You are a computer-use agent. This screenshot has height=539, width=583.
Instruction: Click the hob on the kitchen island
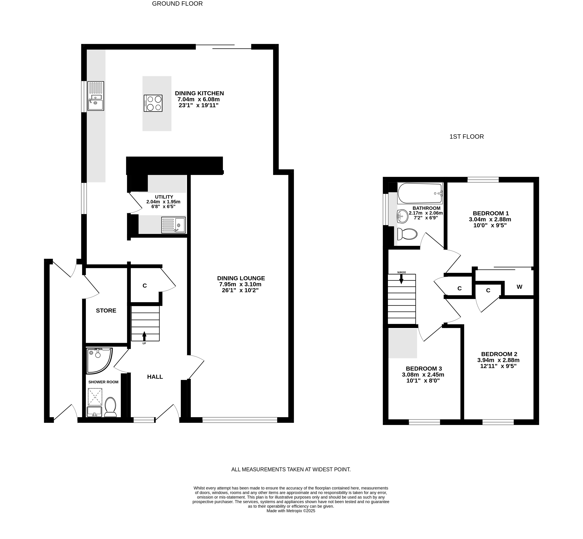coord(153,103)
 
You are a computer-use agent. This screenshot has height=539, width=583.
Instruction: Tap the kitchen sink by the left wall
coord(96,96)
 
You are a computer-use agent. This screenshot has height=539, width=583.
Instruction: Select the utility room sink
coord(173,225)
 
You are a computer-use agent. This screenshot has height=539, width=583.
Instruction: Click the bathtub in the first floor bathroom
coord(420,193)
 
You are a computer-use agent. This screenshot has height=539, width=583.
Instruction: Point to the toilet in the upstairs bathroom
coord(407,234)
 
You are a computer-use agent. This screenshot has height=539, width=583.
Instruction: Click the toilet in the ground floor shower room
coord(110,407)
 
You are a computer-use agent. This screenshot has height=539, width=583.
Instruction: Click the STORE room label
coord(106,311)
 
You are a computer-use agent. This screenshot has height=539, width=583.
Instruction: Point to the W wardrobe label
coord(520,287)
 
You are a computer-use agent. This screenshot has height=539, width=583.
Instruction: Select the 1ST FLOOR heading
coord(466,136)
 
